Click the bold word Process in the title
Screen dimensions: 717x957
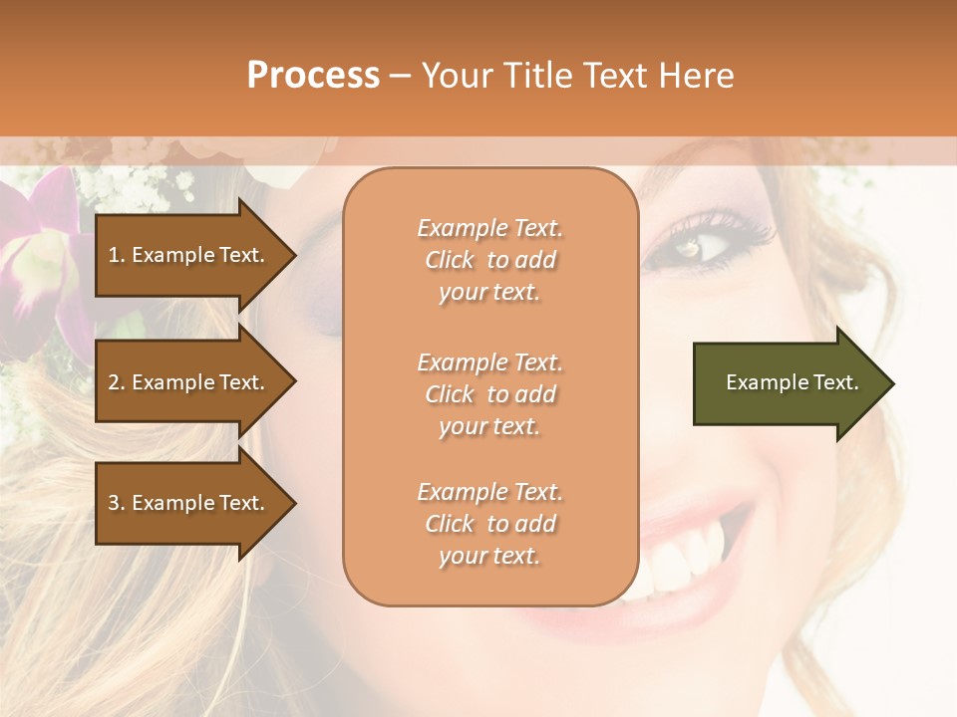[x=313, y=76]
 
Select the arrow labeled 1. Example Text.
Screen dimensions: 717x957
[x=189, y=256]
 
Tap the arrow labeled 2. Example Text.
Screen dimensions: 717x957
[x=189, y=382]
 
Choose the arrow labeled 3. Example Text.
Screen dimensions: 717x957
[x=189, y=503]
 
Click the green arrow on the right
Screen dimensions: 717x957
[x=788, y=383]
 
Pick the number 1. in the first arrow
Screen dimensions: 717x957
[x=117, y=255]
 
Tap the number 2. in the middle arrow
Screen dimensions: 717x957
[x=117, y=382]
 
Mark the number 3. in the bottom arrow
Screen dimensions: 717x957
[x=117, y=503]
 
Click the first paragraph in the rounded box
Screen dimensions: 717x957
[x=489, y=260]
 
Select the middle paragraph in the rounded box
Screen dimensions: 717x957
[x=489, y=394]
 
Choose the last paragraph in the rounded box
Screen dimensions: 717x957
[x=489, y=524]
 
